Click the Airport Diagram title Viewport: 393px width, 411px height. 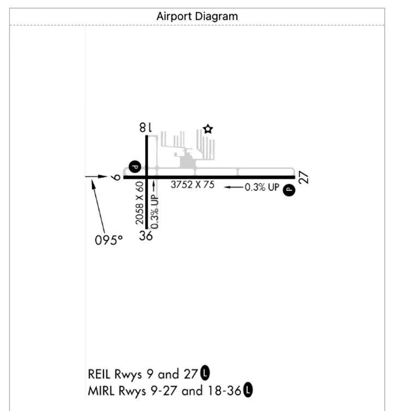(197, 16)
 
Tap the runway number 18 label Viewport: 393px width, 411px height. (146, 128)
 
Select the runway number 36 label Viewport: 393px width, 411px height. (146, 235)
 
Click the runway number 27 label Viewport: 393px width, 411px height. (303, 178)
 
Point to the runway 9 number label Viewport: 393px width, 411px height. (116, 178)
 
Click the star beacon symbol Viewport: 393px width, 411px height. (208, 129)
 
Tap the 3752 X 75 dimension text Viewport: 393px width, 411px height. (193, 185)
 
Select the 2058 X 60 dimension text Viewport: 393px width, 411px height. (140, 203)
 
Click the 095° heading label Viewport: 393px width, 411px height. (109, 240)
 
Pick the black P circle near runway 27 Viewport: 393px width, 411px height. (289, 190)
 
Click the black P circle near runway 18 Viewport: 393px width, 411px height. (135, 167)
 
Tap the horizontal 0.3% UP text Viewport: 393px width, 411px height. (262, 187)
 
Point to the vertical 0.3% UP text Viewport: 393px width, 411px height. (155, 211)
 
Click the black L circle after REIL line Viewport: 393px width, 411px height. (205, 372)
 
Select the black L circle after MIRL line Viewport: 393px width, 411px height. (248, 390)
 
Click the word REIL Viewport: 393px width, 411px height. (99, 374)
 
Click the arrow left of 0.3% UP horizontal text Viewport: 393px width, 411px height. (234, 187)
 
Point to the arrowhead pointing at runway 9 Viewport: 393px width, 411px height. (103, 177)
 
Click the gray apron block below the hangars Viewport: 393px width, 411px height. (187, 162)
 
